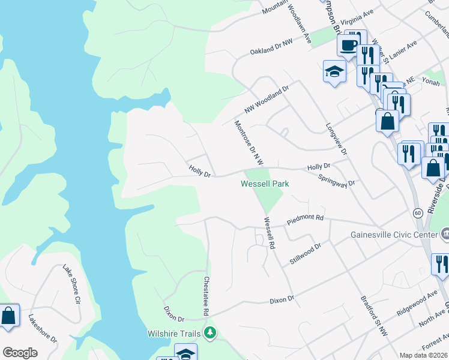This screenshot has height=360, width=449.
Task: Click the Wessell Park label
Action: point(265,184)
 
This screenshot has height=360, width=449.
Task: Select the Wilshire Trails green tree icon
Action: point(209,332)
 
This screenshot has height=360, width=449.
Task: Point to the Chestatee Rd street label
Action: point(205,296)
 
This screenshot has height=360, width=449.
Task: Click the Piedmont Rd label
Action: point(305,220)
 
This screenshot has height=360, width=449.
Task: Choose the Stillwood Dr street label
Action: point(306,254)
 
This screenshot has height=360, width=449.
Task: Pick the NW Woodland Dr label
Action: point(267,99)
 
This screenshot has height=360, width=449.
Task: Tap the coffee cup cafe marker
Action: point(349,45)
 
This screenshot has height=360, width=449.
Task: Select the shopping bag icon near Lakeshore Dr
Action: point(10,316)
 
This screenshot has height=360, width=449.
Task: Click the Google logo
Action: point(20,353)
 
